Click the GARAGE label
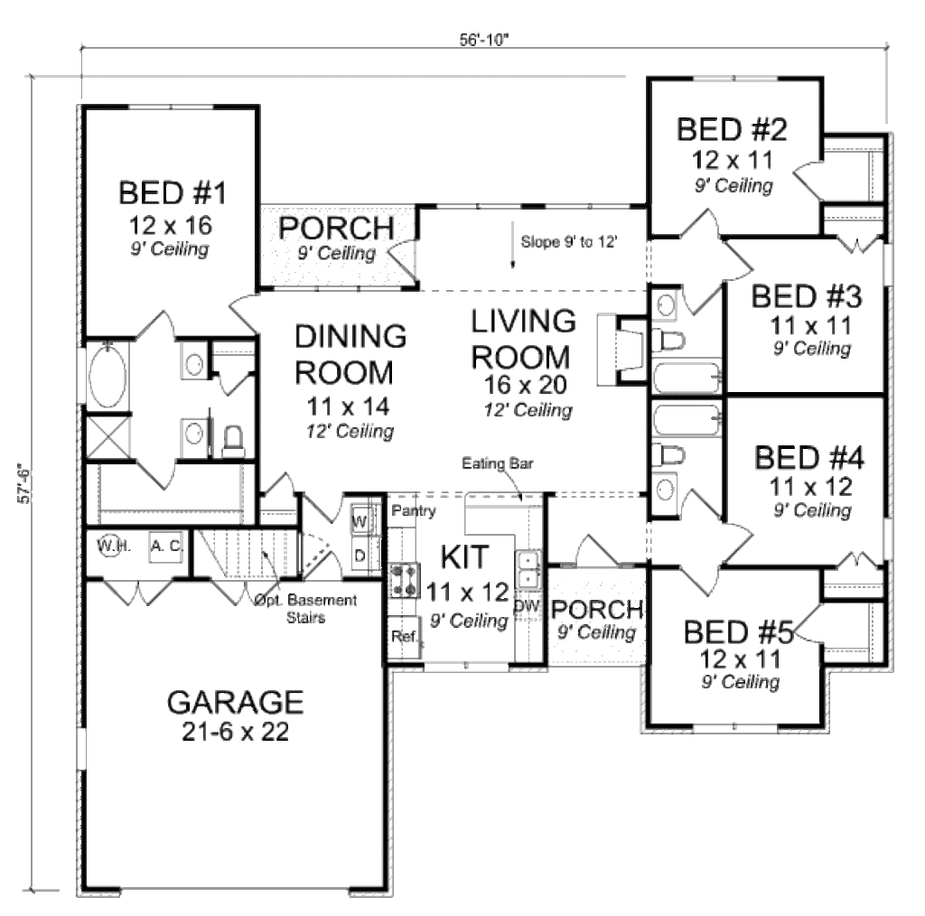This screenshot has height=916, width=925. pos(235,702)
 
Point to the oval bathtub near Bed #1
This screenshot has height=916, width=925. pos(104,374)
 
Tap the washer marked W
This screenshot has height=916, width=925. pos(359,521)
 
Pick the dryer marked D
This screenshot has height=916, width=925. pos(359,555)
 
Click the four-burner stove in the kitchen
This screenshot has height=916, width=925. pos(404,580)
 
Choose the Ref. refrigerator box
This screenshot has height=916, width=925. pos(403,637)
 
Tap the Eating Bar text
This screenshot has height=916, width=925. pos(498,464)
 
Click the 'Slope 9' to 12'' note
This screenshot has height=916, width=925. pos(569,241)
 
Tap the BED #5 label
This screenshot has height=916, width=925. pos(738,631)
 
